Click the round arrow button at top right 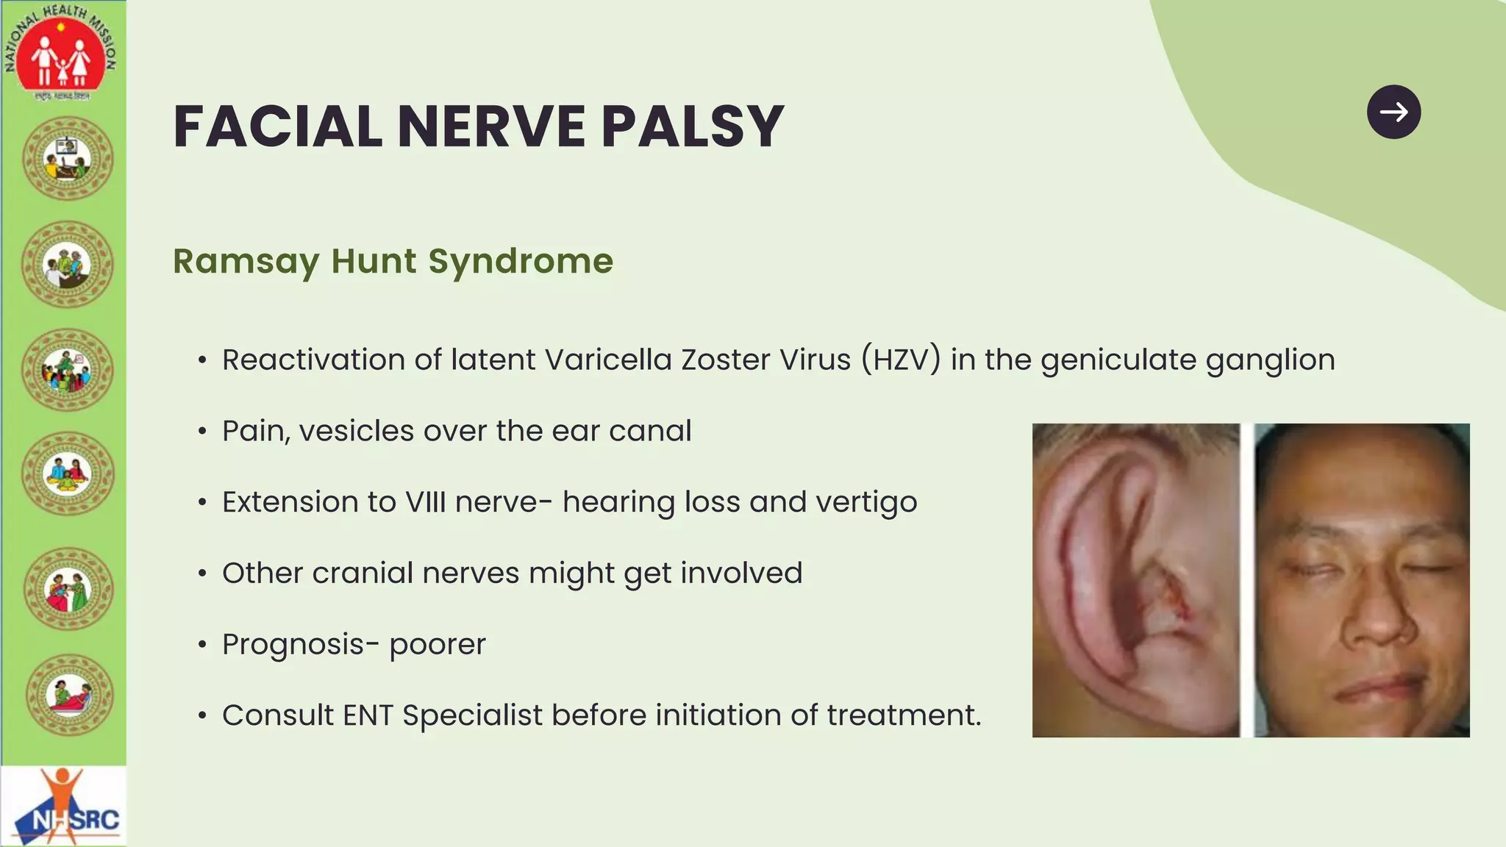point(1393,112)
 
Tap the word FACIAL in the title point(277,126)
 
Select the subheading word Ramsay point(246,262)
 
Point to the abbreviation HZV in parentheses point(901,360)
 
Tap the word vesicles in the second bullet point(356,431)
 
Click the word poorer point(438,645)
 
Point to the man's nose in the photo point(1374,618)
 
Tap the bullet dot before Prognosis point(202,645)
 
